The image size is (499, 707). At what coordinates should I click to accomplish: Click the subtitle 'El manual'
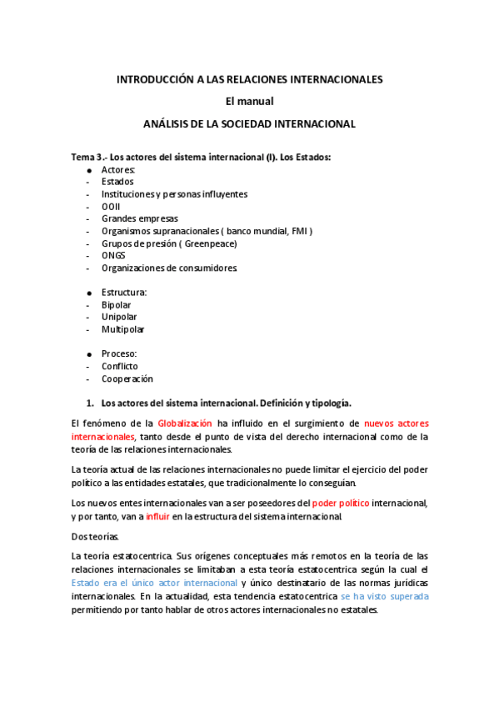tap(250, 102)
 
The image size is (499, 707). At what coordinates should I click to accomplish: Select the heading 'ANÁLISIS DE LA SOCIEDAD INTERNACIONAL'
tap(250, 124)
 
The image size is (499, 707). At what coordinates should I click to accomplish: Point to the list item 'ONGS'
tap(113, 255)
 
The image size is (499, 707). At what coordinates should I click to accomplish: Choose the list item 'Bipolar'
tap(116, 305)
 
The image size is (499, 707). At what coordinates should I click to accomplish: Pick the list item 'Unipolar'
tap(119, 317)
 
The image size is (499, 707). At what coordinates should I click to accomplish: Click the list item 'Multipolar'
tap(122, 329)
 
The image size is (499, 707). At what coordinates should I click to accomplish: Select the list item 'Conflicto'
tap(120, 366)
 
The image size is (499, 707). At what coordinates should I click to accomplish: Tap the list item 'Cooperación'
tap(127, 379)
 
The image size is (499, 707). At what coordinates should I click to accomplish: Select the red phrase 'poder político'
tap(341, 503)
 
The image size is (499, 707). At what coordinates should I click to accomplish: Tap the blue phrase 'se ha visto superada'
tap(385, 596)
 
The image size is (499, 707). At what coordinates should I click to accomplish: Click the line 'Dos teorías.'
tap(95, 536)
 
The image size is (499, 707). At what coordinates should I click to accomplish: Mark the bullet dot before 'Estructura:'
tap(88, 293)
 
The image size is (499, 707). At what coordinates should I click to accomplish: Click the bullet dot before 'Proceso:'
tap(88, 354)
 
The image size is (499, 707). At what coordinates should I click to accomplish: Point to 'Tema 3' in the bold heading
tap(87, 157)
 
